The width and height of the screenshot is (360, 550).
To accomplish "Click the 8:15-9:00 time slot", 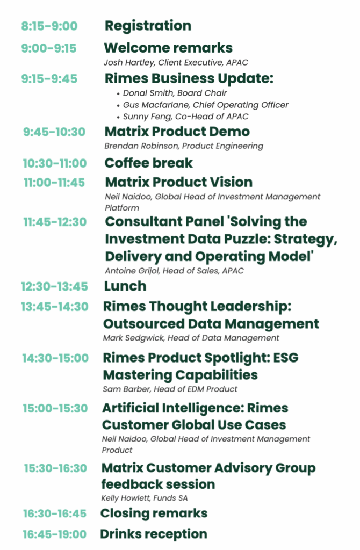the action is pyautogui.click(x=49, y=26).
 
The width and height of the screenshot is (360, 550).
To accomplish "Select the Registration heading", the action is pyautogui.click(x=148, y=26).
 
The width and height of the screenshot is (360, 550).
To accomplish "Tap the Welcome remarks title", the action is pyautogui.click(x=168, y=48).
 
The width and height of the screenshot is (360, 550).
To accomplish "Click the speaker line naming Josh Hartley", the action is pyautogui.click(x=176, y=62).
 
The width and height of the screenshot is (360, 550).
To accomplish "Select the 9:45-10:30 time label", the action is pyautogui.click(x=54, y=132).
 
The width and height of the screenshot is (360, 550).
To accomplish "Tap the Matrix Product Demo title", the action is pyautogui.click(x=177, y=132).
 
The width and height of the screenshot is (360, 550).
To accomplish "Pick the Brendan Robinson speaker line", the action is pyautogui.click(x=184, y=146).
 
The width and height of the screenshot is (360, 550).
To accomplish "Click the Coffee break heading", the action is pyautogui.click(x=149, y=163).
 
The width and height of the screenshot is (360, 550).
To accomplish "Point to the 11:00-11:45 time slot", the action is pyautogui.click(x=54, y=183).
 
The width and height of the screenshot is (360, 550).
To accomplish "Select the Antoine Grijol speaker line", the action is pyautogui.click(x=174, y=271).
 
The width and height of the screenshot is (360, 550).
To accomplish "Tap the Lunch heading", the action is pyautogui.click(x=125, y=286).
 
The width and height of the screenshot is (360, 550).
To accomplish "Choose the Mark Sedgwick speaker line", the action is pyautogui.click(x=191, y=338).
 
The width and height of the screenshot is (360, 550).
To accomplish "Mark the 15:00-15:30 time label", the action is pyautogui.click(x=55, y=408).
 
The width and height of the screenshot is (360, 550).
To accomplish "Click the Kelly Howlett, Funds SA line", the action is pyautogui.click(x=144, y=498).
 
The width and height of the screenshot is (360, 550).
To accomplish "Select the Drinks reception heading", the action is pyautogui.click(x=154, y=534).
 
